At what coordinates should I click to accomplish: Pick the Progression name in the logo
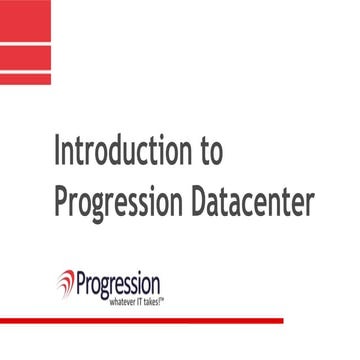[x=119, y=280]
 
